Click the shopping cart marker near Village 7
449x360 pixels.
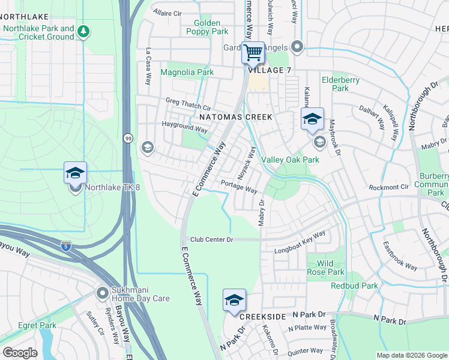pyautogui.click(x=253, y=53)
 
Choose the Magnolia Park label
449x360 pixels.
pyautogui.click(x=187, y=72)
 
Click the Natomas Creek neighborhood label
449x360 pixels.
pyautogui.click(x=235, y=116)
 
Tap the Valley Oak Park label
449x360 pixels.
pyautogui.click(x=290, y=160)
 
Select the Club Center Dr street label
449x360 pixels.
pyautogui.click(x=211, y=239)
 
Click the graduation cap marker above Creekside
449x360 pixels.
pyautogui.click(x=234, y=301)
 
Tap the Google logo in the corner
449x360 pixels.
pyautogui.click(x=20, y=353)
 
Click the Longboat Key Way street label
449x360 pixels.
pyautogui.click(x=300, y=242)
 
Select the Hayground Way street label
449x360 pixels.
pyautogui.click(x=184, y=128)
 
